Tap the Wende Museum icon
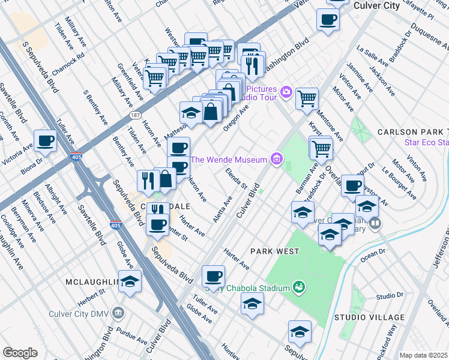click(276, 159)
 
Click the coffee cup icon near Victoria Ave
click(46, 142)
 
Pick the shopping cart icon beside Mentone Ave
click(307, 97)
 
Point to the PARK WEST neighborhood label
click(274, 251)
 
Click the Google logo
click(20, 352)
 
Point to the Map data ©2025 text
click(423, 355)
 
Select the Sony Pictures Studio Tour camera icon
click(286, 91)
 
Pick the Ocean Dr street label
click(373, 255)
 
